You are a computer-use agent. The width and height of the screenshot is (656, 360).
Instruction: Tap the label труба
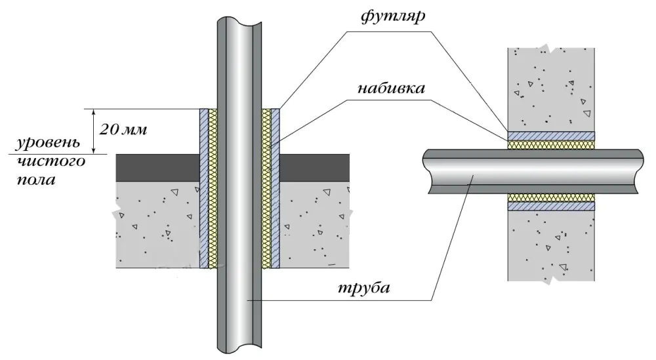(x=362, y=289)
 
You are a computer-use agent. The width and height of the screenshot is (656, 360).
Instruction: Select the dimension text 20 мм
(x=123, y=129)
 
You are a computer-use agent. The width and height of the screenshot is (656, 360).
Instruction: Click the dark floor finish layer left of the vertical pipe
(x=157, y=168)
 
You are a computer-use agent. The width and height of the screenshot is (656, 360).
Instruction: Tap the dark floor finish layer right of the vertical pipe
(x=314, y=168)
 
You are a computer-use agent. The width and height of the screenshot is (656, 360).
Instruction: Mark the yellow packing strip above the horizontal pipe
(x=551, y=144)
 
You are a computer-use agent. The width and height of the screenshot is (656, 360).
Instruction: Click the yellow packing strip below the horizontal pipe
(x=551, y=197)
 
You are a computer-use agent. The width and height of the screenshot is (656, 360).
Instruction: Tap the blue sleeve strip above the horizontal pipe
(x=551, y=136)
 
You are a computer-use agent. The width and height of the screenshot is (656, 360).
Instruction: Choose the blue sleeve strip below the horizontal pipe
(x=551, y=205)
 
